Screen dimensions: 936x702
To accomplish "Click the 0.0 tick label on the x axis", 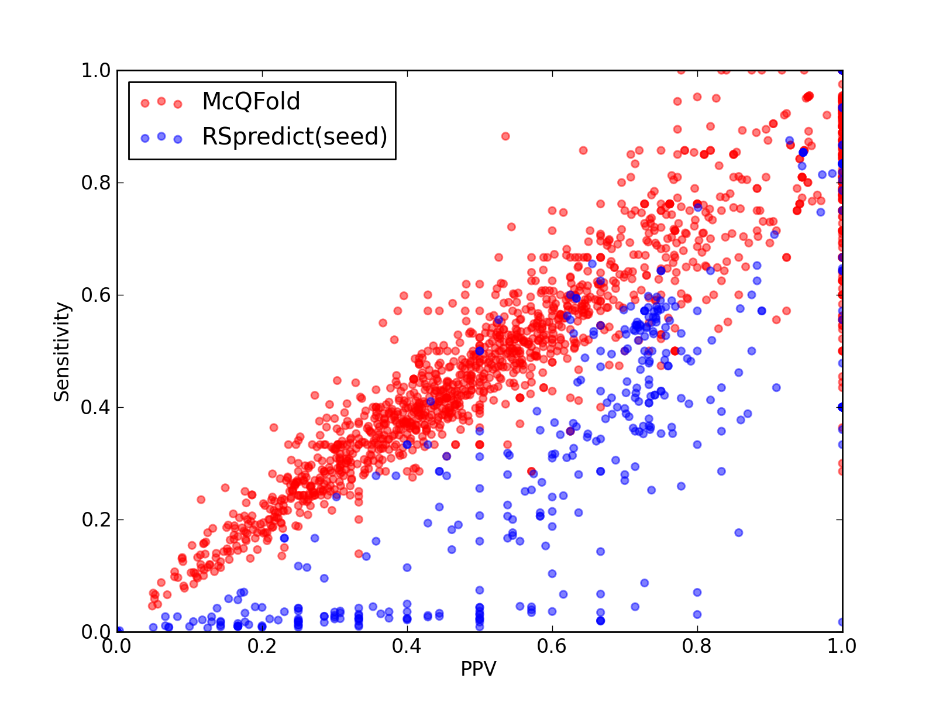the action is coord(116,647).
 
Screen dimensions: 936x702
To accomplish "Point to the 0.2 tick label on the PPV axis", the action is coord(261,647).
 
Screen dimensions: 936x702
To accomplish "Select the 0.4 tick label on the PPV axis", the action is coord(407,647).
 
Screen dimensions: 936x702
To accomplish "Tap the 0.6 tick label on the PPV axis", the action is coord(552,647).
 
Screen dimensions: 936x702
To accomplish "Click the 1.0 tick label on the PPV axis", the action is coord(841,647).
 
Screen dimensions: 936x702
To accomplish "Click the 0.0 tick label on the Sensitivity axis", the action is coord(96,632).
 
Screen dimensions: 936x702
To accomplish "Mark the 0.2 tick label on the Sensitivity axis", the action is coord(96,519).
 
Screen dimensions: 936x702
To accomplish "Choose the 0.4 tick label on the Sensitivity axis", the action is coord(96,408).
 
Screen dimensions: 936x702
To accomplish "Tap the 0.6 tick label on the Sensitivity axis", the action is coord(96,295).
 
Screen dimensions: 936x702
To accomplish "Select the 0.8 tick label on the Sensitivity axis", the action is coord(96,183).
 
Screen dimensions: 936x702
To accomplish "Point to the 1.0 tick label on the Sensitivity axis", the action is coord(96,70).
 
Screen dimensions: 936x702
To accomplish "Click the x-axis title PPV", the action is coord(479,669).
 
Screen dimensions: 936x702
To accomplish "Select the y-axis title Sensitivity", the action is coord(62,352).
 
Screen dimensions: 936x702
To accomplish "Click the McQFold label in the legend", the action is coord(251,101).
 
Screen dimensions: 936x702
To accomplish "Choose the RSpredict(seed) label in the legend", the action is coord(295,137).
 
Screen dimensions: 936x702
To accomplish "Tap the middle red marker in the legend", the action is coord(161,101).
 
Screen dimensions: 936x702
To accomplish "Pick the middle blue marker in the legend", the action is coord(161,136).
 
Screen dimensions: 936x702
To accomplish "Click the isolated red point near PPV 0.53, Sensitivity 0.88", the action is coord(505,136).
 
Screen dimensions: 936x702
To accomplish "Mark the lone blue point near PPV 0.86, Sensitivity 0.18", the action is coord(739,532).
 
